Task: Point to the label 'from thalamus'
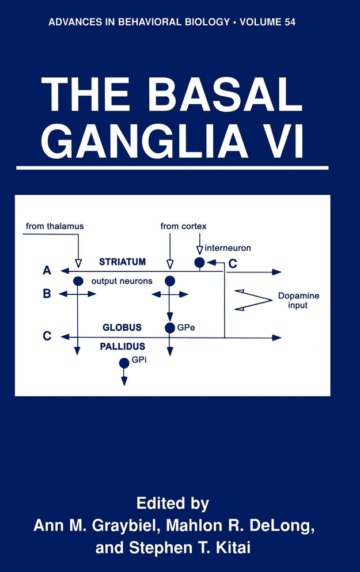point(55,226)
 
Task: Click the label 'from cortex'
point(183,226)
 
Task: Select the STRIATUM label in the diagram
point(122,262)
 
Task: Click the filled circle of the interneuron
point(199,263)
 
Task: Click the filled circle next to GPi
point(124,363)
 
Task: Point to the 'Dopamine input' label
point(298,300)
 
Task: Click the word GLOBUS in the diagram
point(122,327)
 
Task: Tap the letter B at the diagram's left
point(47,294)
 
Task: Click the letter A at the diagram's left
point(47,270)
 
